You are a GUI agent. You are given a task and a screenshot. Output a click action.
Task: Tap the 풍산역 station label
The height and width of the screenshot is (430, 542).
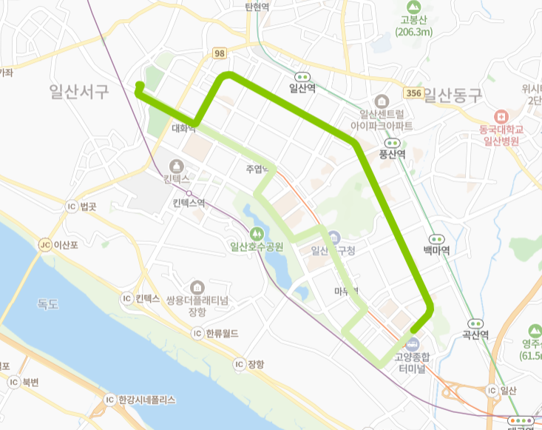point(392,154)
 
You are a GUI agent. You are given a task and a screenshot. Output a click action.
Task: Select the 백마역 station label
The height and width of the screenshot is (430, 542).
point(436,250)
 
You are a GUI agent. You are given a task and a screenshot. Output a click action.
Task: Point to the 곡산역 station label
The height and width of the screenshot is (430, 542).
point(475,335)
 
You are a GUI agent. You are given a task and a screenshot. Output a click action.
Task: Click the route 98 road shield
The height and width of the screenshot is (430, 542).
point(219,54)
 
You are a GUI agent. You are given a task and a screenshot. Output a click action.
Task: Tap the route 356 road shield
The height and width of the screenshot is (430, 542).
point(414,93)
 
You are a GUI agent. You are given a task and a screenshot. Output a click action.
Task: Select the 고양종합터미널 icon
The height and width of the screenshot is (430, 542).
point(413,343)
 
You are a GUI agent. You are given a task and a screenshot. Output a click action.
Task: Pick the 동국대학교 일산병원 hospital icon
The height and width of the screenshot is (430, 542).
point(502,116)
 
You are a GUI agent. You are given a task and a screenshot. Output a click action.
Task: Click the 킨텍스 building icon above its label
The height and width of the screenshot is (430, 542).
point(177,166)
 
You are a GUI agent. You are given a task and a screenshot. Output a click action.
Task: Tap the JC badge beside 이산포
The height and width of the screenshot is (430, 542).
point(44,245)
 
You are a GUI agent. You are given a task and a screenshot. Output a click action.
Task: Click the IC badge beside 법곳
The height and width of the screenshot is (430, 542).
point(71,206)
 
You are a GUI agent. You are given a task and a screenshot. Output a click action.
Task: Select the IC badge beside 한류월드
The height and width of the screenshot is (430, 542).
point(197,333)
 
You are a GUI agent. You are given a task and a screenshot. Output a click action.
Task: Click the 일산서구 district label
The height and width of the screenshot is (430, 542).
point(79,91)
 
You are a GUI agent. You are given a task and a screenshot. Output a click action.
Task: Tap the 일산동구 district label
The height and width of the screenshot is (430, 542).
point(453,95)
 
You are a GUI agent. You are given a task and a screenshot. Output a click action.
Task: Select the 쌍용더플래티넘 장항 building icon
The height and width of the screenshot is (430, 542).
point(197,287)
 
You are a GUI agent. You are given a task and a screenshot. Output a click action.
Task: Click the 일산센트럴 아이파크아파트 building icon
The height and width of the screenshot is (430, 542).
point(382,101)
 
